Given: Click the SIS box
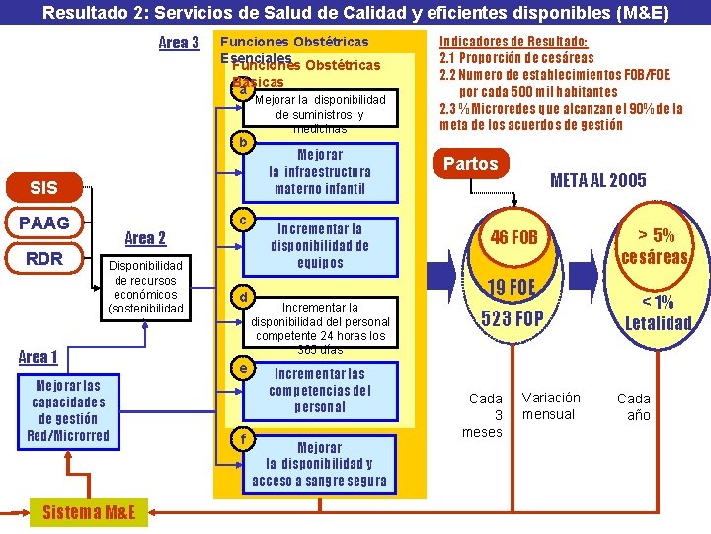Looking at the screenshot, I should click(43, 187).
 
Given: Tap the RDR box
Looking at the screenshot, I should click(43, 259).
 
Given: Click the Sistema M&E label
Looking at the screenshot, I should click(89, 511).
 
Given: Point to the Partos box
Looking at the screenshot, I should click(471, 163).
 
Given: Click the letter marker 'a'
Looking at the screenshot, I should click(242, 91).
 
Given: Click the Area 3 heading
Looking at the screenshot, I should click(179, 43).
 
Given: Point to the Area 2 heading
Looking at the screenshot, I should click(145, 238).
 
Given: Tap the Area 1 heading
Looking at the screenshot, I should click(39, 357).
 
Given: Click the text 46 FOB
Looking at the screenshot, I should click(514, 237).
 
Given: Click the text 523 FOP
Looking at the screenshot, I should click(512, 318).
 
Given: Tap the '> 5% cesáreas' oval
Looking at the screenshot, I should click(654, 245).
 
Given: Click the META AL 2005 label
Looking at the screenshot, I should click(597, 180).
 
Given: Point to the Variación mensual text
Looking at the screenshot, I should click(551, 405).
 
